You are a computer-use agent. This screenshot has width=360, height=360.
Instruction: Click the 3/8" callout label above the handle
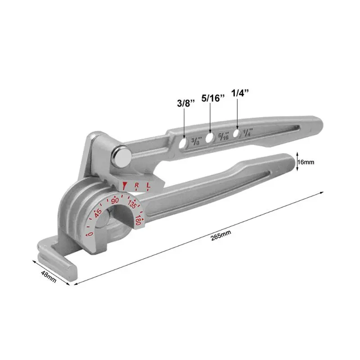[x=186, y=103]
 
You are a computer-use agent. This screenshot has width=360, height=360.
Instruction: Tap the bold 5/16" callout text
[x=213, y=98]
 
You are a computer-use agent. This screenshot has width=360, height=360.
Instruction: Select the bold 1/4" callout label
[x=240, y=93]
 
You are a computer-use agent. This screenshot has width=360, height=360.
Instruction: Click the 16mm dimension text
[x=306, y=162]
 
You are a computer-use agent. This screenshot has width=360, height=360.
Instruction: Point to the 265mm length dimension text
[x=221, y=235]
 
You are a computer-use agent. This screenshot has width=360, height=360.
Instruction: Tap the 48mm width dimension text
[x=49, y=276]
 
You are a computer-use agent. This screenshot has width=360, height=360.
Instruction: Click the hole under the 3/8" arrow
[x=183, y=143]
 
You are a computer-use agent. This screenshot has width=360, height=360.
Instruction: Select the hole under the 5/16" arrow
[x=210, y=138]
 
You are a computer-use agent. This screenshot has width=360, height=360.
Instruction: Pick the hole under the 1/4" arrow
[x=236, y=133]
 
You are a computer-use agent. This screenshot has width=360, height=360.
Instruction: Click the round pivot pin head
[x=121, y=157]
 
